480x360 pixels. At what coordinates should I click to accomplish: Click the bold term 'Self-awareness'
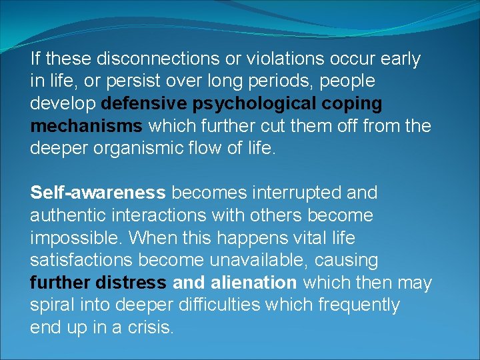pyautogui.click(x=98, y=193)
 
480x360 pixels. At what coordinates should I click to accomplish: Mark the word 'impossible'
pyautogui.click(x=76, y=238)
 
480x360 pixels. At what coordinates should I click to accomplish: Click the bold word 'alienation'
pyautogui.click(x=253, y=283)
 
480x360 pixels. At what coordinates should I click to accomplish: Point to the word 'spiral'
pyautogui.click(x=52, y=305)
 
